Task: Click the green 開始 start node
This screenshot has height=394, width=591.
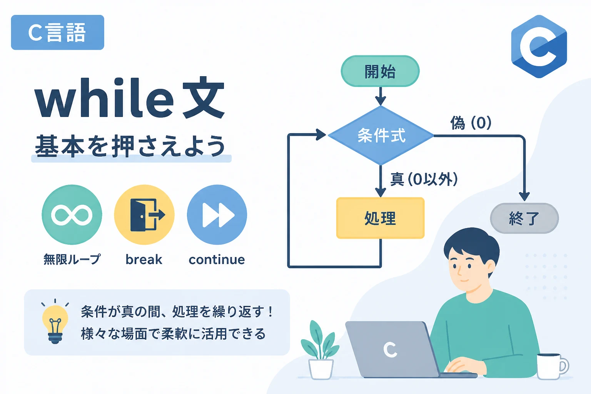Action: pos(380,71)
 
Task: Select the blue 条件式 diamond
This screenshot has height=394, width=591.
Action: pos(381,136)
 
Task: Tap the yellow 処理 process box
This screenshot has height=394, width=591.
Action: pos(381,218)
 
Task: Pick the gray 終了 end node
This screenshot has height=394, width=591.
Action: pos(524,218)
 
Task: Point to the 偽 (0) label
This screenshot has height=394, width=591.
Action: pos(471,123)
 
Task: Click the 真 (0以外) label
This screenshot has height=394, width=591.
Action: pos(424,179)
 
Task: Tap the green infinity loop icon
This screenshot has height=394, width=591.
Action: pos(72,215)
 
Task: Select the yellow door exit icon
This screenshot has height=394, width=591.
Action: pos(144,215)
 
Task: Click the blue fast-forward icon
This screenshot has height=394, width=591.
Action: pos(217,215)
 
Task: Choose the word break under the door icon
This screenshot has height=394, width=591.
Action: pos(144,259)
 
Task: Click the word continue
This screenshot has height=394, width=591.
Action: pos(217,259)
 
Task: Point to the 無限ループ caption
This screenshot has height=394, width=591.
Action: pos(72,259)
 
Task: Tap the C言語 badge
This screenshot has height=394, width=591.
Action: pos(57,32)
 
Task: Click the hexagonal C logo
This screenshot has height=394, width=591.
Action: pos(539,47)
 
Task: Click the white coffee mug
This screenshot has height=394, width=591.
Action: pos(552,366)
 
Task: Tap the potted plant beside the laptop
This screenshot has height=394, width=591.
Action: pos(320,350)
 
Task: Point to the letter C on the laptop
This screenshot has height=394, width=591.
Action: pos(390,350)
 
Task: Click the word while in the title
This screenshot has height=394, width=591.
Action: pos(104,98)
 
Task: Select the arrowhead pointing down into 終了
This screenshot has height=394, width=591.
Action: pos(524,197)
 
